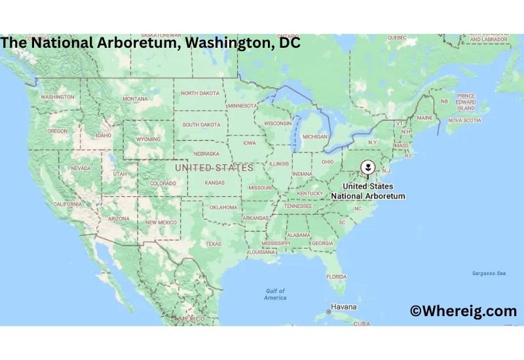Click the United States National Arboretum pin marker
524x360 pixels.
(368, 167)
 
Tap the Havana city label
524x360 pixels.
(343, 306)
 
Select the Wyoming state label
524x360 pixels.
(147, 139)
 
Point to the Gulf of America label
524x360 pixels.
(275, 294)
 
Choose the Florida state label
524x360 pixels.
(337, 277)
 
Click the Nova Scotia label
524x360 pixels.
(464, 120)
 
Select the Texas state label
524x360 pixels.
(214, 243)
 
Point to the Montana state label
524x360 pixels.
(136, 99)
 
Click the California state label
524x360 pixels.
(67, 204)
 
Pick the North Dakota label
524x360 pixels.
(200, 94)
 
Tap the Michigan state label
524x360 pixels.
(314, 137)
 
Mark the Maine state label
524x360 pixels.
(425, 118)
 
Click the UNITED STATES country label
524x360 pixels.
(214, 168)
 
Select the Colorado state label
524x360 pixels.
(162, 183)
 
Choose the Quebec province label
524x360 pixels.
(397, 37)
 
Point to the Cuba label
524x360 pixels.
(362, 323)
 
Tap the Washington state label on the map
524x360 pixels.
(57, 97)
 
